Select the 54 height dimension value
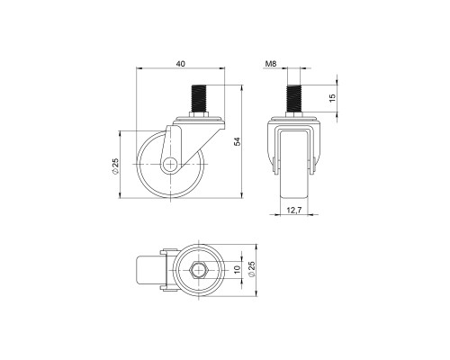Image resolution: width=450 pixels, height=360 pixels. (x=238, y=140)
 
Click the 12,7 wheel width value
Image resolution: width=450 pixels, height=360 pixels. (x=293, y=211)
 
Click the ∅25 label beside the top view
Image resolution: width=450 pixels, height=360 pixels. (x=253, y=270)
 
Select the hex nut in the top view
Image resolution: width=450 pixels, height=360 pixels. (x=200, y=270)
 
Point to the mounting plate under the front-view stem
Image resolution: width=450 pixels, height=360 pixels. (x=293, y=120)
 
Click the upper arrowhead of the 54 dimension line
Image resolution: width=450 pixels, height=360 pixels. (x=243, y=88)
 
